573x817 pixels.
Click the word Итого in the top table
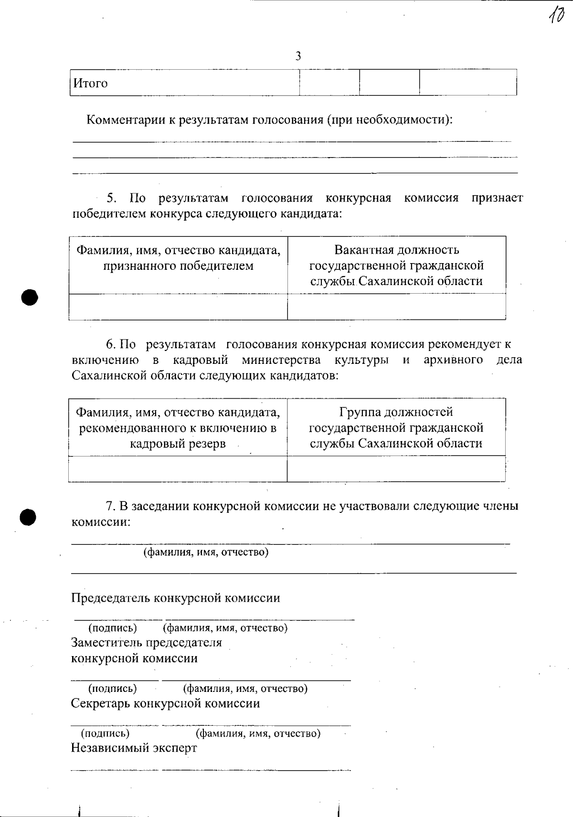[90, 84]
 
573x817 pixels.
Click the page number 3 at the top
[298, 56]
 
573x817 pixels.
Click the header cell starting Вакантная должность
[396, 265]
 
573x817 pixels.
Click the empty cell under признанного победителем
[178, 307]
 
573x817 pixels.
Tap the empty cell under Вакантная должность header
[396, 307]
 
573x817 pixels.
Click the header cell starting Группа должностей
[396, 427]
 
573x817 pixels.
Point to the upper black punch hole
[29, 297]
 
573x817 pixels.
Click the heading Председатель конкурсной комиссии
[175, 598]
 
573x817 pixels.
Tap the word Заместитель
[106, 642]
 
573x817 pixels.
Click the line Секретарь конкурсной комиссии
[165, 703]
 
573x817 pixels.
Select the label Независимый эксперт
[134, 747]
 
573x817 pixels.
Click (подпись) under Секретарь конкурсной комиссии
[105, 733]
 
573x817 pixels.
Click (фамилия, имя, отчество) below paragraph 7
[206, 552]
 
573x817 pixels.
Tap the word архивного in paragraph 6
[453, 360]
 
